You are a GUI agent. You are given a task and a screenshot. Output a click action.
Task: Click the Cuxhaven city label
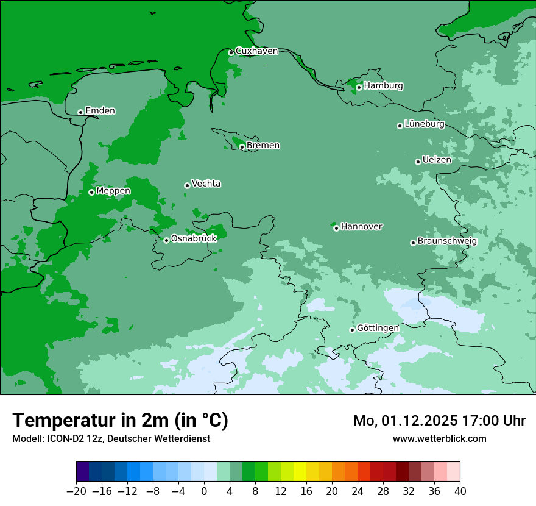[256, 51]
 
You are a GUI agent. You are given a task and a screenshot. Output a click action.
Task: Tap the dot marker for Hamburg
[359, 87]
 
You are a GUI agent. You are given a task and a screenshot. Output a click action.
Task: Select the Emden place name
[100, 111]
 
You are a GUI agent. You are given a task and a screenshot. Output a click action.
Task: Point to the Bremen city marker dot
[242, 147]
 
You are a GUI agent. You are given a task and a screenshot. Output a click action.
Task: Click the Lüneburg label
[425, 124]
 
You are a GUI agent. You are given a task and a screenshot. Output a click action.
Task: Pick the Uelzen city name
[437, 160]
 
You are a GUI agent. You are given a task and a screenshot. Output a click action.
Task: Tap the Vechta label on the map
[206, 184]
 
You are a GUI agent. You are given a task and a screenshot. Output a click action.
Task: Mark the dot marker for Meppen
[91, 192]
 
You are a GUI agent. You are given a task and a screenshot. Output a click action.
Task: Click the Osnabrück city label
[194, 239]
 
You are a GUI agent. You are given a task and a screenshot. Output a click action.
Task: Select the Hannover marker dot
[336, 228]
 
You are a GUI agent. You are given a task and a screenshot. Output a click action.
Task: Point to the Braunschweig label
[447, 241]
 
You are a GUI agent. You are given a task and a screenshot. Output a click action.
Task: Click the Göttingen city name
[378, 329]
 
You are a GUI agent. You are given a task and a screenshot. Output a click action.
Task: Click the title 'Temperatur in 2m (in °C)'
[120, 421]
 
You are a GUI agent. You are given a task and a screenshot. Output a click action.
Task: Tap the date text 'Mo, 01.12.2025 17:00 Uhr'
[439, 421]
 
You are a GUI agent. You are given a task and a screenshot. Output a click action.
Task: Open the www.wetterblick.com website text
[439, 438]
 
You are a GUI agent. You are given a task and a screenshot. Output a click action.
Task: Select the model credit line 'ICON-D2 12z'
[111, 438]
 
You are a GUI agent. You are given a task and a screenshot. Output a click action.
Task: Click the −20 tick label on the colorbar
[76, 491]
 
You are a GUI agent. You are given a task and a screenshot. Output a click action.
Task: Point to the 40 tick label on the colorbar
[460, 491]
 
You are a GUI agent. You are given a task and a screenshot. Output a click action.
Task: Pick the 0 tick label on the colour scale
[204, 491]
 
